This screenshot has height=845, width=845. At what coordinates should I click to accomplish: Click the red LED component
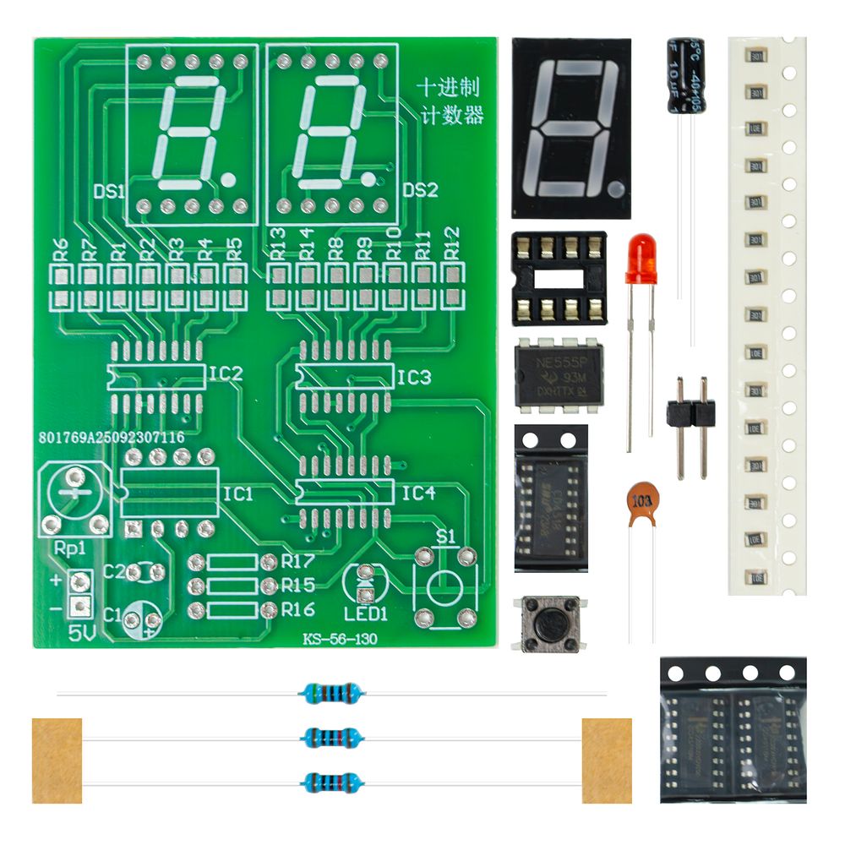(x=640, y=259)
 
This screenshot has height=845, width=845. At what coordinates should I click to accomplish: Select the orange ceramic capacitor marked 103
(x=643, y=503)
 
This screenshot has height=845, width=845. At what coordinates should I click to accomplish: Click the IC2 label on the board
(x=225, y=373)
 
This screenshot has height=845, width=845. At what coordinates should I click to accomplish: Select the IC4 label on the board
(x=417, y=493)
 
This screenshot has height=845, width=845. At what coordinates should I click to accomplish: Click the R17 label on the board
(x=298, y=561)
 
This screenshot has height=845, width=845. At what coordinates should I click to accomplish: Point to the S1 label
(x=444, y=536)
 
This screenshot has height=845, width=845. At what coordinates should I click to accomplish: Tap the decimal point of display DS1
(x=229, y=178)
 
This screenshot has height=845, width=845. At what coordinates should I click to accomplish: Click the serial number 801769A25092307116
(x=112, y=439)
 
